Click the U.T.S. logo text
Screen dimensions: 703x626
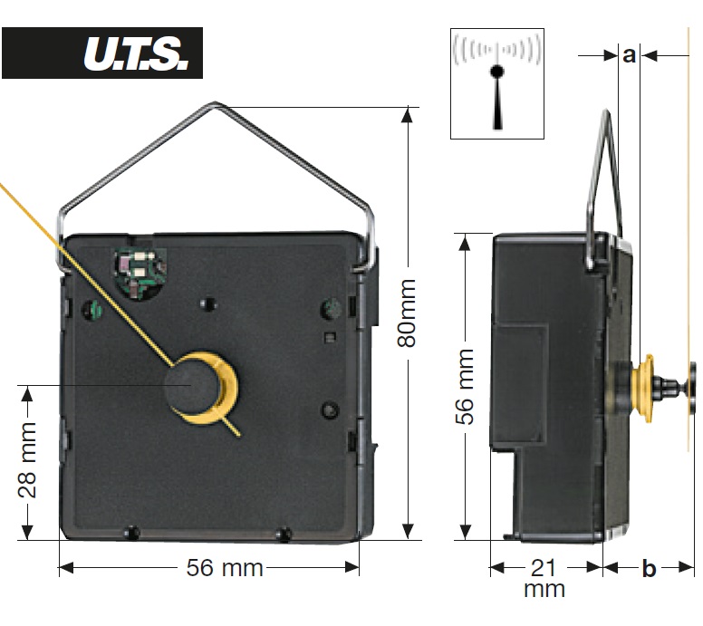135,53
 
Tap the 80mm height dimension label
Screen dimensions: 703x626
407,313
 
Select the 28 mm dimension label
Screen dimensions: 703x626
27,459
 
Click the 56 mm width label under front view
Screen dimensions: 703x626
224,568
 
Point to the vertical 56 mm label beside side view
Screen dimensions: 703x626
465,387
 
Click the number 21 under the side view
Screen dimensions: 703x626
544,568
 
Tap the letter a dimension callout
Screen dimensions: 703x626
629,55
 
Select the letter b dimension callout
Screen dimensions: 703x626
649,569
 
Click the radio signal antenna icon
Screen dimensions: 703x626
497,83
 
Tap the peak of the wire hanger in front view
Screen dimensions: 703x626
215,103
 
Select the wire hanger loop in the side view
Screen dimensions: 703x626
604,188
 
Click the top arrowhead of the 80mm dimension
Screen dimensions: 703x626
407,114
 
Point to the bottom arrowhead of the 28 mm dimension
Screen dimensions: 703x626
27,532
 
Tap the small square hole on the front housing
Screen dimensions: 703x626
331,337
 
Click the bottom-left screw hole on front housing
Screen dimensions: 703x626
131,533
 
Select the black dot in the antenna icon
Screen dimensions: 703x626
496,72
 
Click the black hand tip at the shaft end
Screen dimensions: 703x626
693,389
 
